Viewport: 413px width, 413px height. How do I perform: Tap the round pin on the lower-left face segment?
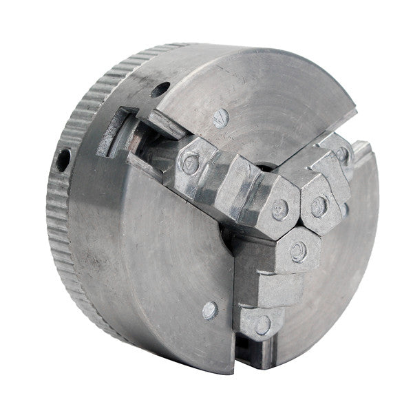coord(209,310)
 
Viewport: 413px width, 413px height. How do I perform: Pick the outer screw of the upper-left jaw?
coord(189,163)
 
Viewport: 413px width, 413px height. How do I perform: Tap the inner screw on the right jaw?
coord(319,205)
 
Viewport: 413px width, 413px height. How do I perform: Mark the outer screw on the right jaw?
coord(342,154)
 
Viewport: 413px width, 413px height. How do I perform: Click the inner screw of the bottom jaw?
coord(298,251)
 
